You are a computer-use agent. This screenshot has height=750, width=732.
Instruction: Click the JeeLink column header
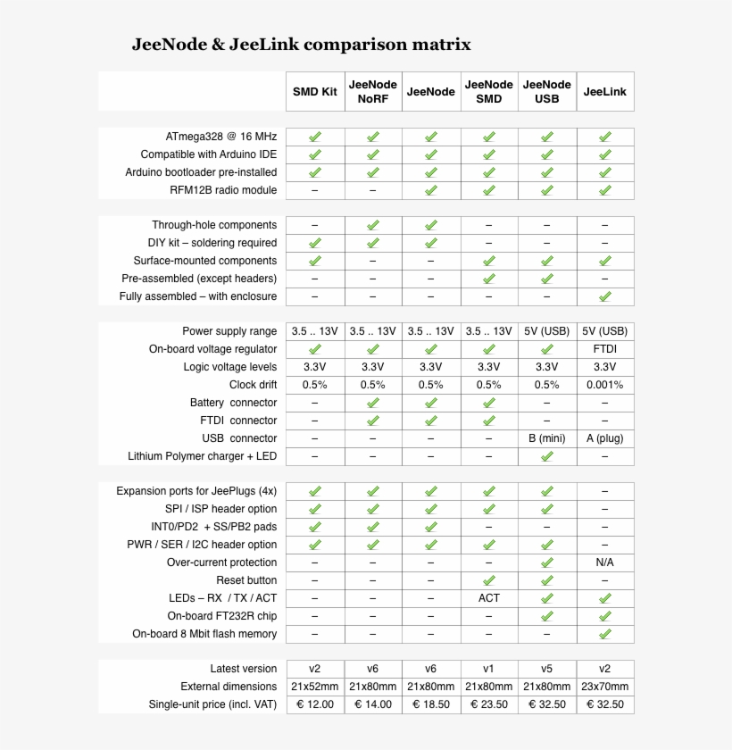click(x=605, y=91)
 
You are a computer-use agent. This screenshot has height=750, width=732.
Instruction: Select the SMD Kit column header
click(x=315, y=91)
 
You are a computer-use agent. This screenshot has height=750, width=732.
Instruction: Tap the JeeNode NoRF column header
click(x=373, y=91)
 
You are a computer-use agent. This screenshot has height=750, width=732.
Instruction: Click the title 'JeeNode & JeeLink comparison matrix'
click(x=302, y=44)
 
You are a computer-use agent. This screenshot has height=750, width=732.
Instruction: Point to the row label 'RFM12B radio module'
click(x=223, y=190)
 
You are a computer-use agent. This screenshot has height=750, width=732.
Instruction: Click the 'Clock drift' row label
click(x=253, y=385)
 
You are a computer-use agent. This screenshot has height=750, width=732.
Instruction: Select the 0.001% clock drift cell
click(x=605, y=385)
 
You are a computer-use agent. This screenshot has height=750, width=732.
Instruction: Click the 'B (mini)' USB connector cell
click(x=547, y=438)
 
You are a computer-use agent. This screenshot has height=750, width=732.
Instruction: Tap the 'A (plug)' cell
click(x=605, y=438)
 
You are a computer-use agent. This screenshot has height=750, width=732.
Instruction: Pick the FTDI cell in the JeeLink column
click(x=605, y=349)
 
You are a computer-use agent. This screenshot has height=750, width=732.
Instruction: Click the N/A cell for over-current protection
click(x=605, y=562)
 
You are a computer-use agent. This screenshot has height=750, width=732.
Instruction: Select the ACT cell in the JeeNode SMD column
click(x=489, y=598)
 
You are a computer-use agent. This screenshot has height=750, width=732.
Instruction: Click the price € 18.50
click(x=431, y=704)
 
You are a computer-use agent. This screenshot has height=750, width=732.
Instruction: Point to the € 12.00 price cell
click(x=315, y=704)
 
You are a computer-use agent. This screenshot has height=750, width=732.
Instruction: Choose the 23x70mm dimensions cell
click(x=605, y=687)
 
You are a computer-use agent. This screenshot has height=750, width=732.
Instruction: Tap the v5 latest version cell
click(x=547, y=669)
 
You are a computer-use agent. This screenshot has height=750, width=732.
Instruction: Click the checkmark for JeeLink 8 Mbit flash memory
click(x=605, y=634)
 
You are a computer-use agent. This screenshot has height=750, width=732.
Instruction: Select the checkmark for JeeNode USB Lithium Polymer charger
click(x=547, y=456)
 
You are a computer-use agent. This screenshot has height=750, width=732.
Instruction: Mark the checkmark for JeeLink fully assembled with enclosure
click(x=605, y=296)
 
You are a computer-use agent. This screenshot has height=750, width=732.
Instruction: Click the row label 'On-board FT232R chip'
click(x=222, y=616)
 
